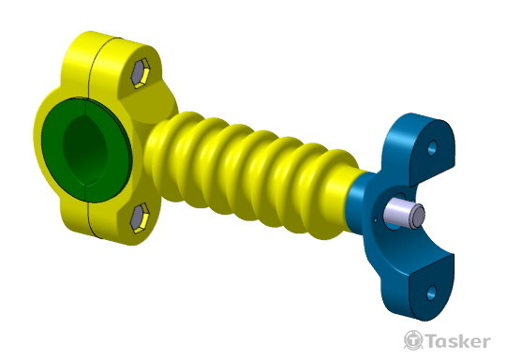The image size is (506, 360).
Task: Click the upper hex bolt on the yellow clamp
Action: pyautogui.click(x=141, y=72)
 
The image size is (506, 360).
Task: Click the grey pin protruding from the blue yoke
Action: pyautogui.click(x=404, y=215)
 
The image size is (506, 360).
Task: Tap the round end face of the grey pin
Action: pyautogui.click(x=417, y=217)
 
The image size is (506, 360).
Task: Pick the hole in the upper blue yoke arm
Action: pyautogui.click(x=432, y=148)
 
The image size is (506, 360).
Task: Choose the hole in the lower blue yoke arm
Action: pyautogui.click(x=431, y=292)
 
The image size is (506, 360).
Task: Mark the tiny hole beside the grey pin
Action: pyautogui.click(x=376, y=221)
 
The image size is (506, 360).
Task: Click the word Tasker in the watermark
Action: pyautogui.click(x=457, y=341)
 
